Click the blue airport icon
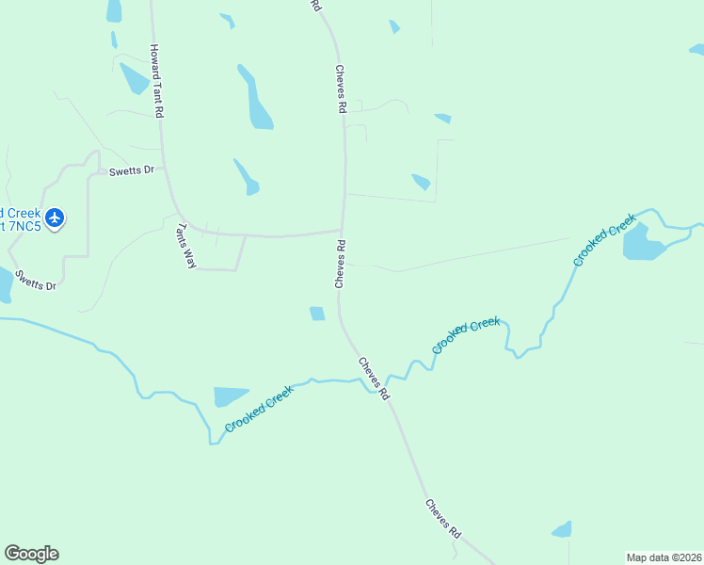coord(55,218)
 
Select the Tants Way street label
coord(186,246)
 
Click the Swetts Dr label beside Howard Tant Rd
coord(130,171)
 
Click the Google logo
coord(31,554)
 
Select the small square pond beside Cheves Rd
coord(317,314)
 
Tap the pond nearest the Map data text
coord(562,529)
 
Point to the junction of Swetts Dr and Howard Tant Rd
coord(165,170)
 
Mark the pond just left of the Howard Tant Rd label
coord(134,78)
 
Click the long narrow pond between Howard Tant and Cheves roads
coord(256,102)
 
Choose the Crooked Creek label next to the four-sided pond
coord(260,410)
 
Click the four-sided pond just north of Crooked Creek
coord(230,395)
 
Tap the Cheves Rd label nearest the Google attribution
coord(442,517)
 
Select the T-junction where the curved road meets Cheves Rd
coord(341,230)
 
